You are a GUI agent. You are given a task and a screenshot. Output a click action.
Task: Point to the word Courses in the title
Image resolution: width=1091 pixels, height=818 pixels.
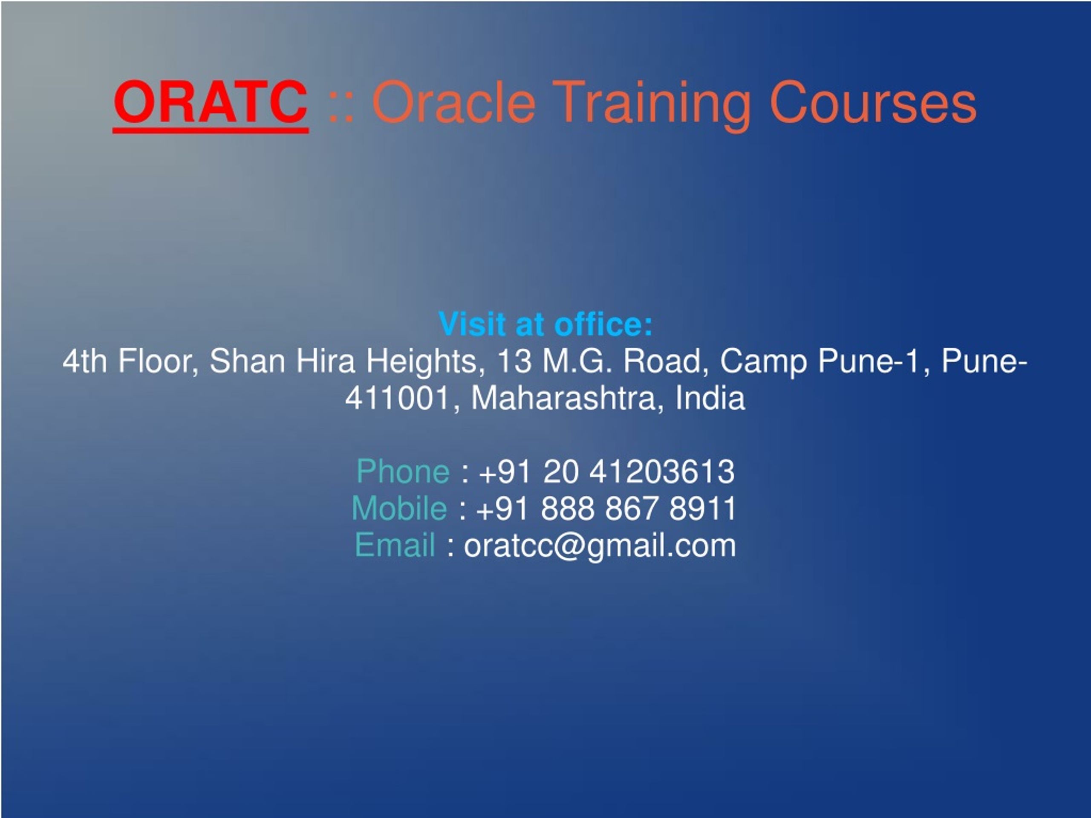[x=872, y=102]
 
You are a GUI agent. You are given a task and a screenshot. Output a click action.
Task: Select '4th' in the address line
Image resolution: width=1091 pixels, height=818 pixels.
[x=85, y=361]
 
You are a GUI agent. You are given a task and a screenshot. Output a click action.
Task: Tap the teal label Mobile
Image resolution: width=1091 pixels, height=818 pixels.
[x=399, y=508]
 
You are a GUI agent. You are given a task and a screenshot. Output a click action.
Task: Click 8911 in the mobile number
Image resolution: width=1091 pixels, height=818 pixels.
[x=702, y=508]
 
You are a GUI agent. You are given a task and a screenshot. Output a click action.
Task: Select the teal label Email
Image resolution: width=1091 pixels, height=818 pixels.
[x=395, y=545]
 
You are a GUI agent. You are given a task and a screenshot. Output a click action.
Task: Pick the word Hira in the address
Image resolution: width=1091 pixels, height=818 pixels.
[x=326, y=361]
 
